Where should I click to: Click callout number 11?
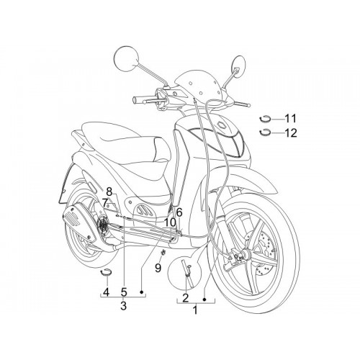pyautogui.click(x=290, y=119)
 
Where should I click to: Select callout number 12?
pyautogui.click(x=291, y=133)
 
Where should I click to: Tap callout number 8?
pyautogui.click(x=109, y=192)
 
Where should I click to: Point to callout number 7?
pyautogui.click(x=105, y=203)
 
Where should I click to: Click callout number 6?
pyautogui.click(x=179, y=212)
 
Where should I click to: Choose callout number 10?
pyautogui.click(x=170, y=223)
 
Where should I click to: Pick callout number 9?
pyautogui.click(x=158, y=268)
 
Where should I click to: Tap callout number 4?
pyautogui.click(x=106, y=292)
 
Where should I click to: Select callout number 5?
pyautogui.click(x=124, y=292)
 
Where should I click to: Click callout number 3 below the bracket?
pyautogui.click(x=123, y=306)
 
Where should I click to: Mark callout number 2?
pyautogui.click(x=186, y=298)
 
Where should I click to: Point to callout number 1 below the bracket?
pyautogui.click(x=196, y=310)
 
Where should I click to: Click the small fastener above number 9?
pyautogui.click(x=163, y=252)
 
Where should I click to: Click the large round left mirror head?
pyautogui.click(x=127, y=58)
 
